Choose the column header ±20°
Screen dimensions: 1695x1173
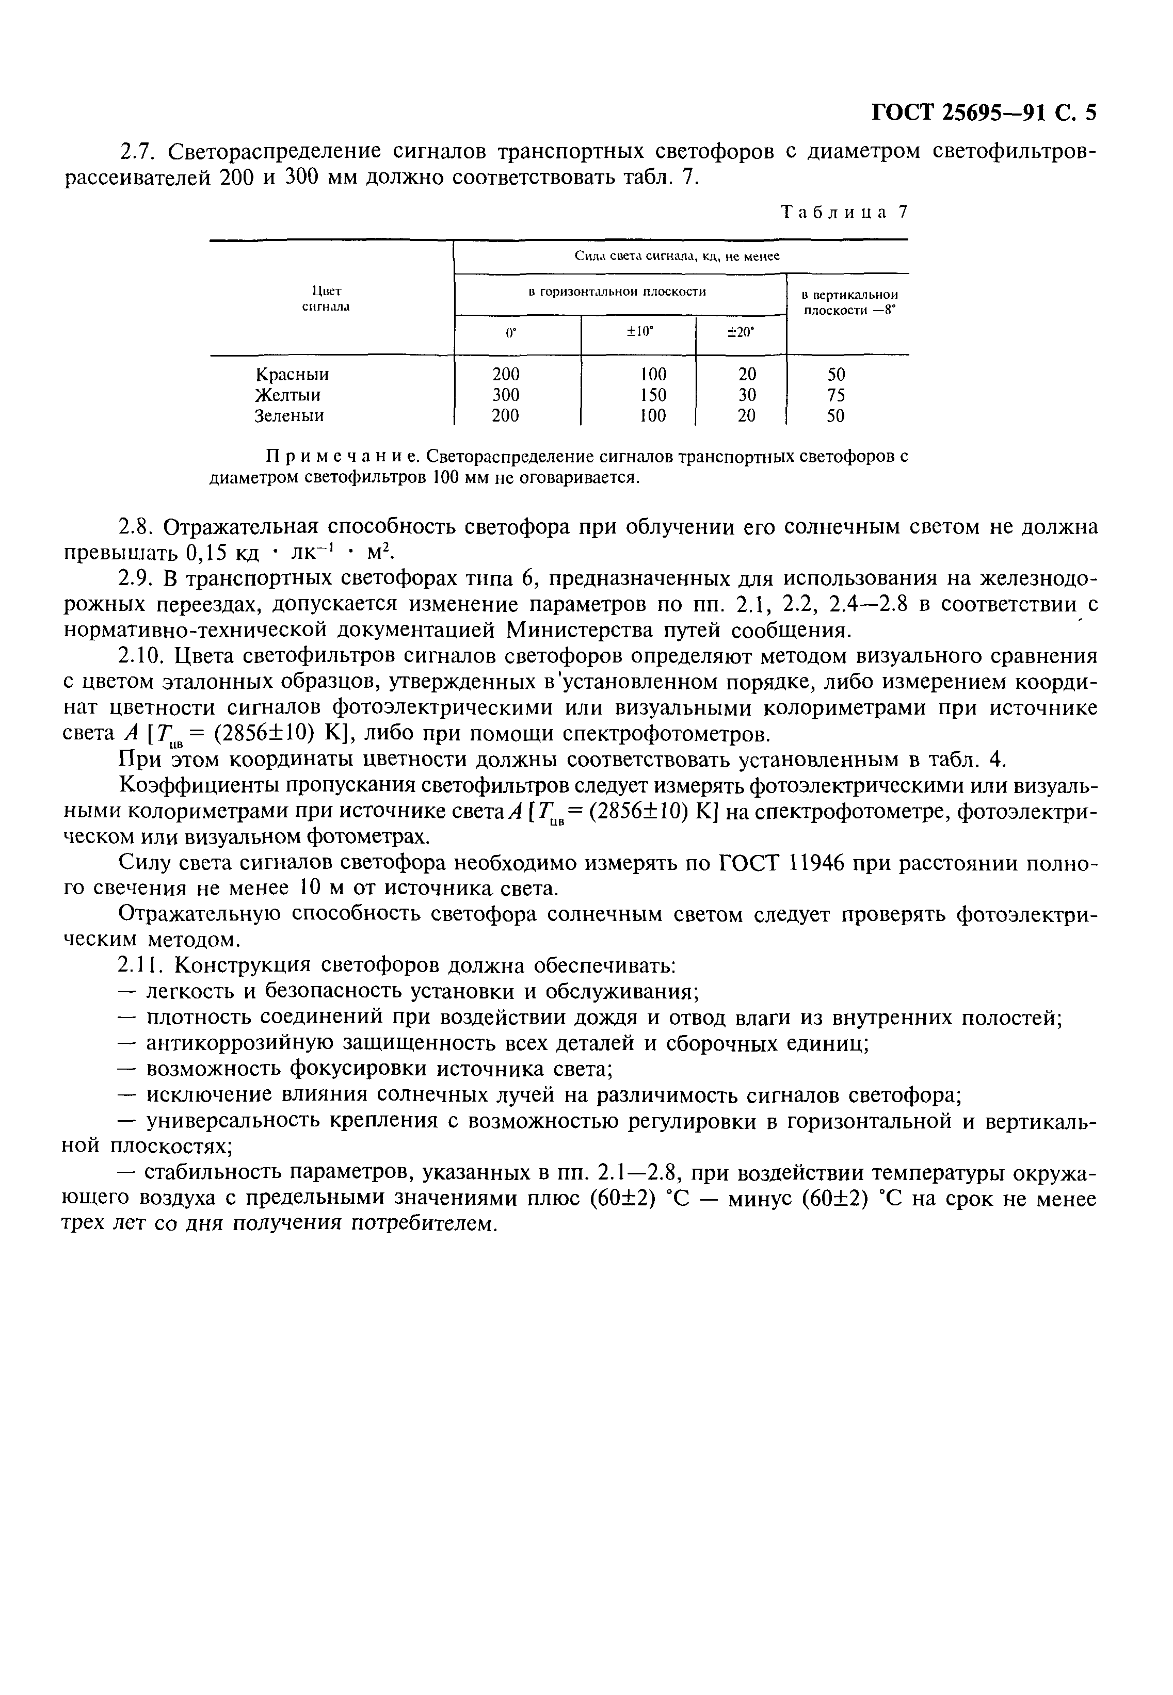[741, 332]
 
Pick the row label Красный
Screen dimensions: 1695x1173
[292, 374]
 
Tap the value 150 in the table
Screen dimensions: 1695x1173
[653, 395]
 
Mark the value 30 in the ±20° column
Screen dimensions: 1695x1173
[747, 395]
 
